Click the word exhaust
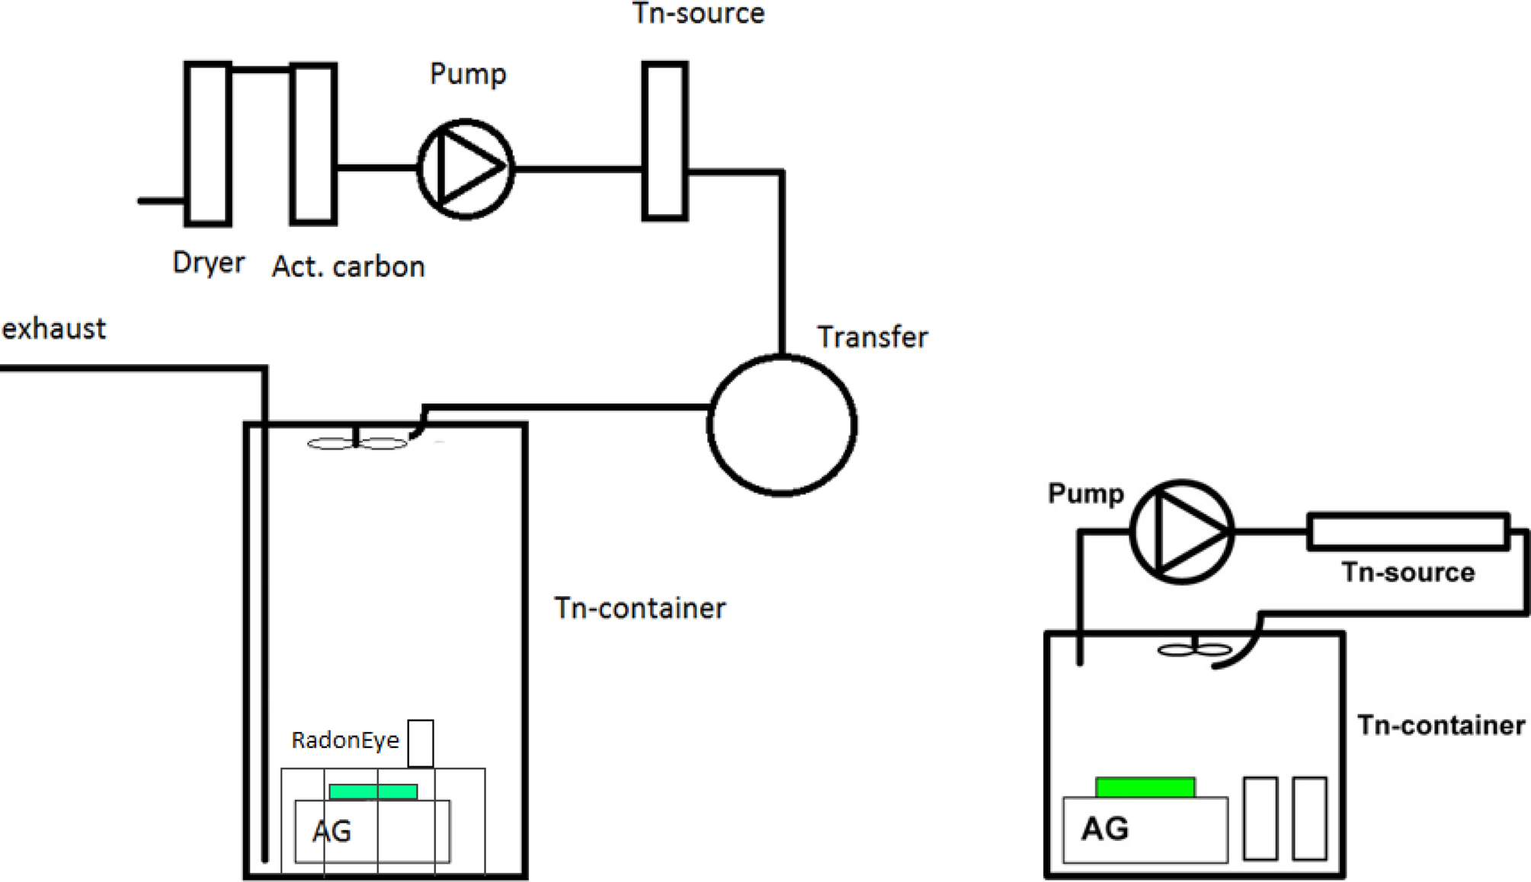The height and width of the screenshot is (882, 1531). click(x=53, y=329)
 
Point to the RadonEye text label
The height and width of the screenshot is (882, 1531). click(x=345, y=740)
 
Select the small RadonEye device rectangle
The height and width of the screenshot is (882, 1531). click(x=421, y=743)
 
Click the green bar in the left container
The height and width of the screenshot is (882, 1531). click(x=373, y=792)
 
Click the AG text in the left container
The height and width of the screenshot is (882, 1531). click(x=332, y=831)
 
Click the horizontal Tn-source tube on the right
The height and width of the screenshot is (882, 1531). click(x=1408, y=532)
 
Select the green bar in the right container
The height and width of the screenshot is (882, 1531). click(x=1145, y=788)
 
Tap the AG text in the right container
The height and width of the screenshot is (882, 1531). click(x=1105, y=829)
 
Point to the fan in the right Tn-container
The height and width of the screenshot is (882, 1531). click(x=1195, y=650)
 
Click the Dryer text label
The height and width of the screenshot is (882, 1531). click(x=209, y=264)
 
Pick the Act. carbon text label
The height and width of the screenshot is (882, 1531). click(x=348, y=267)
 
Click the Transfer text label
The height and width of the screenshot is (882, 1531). click(x=873, y=337)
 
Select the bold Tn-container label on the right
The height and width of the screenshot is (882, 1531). click(x=1441, y=725)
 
